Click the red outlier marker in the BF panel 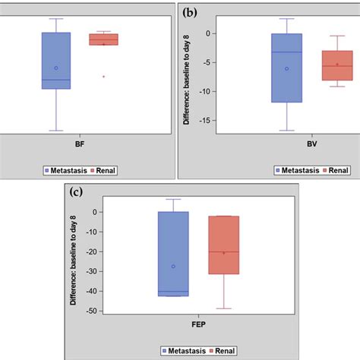pos(103,76)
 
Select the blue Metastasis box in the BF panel pos(56,61)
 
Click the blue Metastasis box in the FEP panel pos(173,254)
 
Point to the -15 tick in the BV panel pos(207,120)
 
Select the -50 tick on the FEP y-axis pos(94,311)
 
